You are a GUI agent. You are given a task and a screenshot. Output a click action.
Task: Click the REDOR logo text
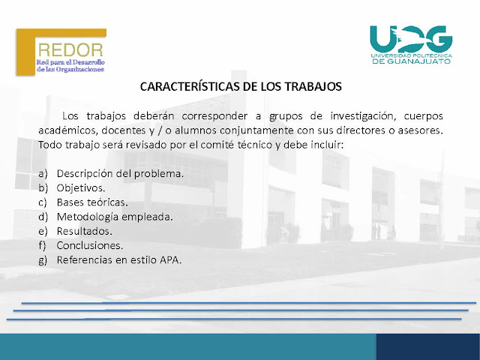pyautogui.click(x=70, y=50)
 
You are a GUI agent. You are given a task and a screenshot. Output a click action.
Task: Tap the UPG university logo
pyautogui.click(x=411, y=44)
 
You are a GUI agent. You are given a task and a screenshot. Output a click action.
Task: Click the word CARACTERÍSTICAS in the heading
pyautogui.click(x=190, y=87)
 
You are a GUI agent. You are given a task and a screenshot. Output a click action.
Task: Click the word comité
pyautogui.click(x=213, y=145)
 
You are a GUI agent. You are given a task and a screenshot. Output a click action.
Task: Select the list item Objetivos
pyautogui.click(x=81, y=188)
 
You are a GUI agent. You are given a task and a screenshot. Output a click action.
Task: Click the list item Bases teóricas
pyautogui.click(x=92, y=202)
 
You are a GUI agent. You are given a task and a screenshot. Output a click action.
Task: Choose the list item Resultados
pyautogui.click(x=84, y=231)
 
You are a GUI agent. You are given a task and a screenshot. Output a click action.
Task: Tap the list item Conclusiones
pyautogui.click(x=90, y=245)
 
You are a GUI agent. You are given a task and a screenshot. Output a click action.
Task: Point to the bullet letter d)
pyautogui.click(x=43, y=217)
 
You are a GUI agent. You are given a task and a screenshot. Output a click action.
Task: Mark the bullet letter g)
pyautogui.click(x=43, y=260)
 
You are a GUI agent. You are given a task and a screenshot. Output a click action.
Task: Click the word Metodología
pyautogui.click(x=88, y=217)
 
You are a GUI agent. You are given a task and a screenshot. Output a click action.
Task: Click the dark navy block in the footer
pyautogui.click(x=428, y=346)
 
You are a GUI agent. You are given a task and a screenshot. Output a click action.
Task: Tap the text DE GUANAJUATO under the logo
pyautogui.click(x=412, y=61)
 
